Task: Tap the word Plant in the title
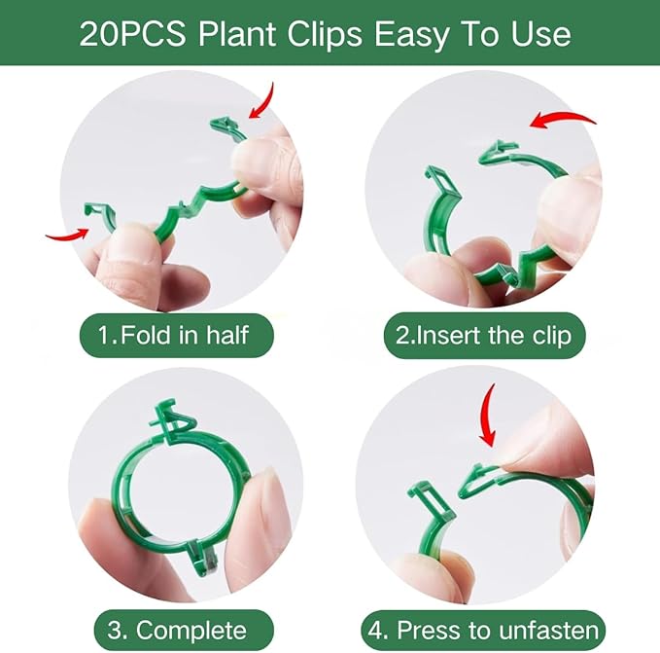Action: (x=239, y=35)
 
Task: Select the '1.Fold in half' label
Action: (x=175, y=335)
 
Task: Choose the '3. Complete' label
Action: (x=174, y=627)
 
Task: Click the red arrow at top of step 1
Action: (x=261, y=99)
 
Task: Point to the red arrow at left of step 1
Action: (x=65, y=234)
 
